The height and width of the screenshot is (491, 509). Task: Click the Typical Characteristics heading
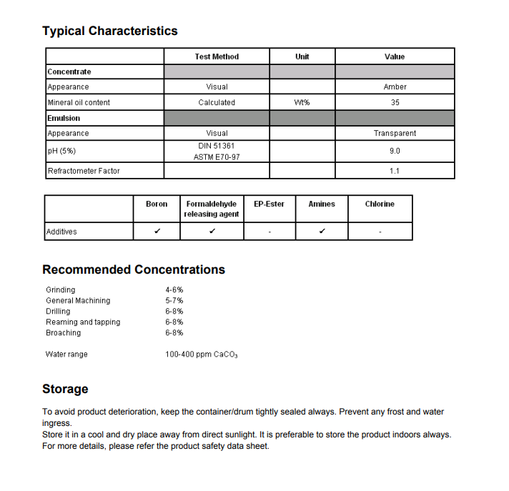(110, 31)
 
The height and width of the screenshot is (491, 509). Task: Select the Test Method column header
(217, 56)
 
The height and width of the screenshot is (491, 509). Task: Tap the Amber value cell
(395, 87)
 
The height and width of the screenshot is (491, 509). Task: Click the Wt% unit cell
(302, 103)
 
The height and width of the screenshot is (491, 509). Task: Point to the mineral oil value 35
(395, 103)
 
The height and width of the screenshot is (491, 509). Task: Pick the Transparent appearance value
(395, 134)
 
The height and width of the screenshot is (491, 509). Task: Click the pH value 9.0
(395, 152)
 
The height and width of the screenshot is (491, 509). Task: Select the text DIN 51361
(217, 146)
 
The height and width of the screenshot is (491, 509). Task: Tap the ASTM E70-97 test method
(217, 157)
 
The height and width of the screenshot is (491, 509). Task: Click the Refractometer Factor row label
(84, 171)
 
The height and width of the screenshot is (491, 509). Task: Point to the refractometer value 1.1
(395, 171)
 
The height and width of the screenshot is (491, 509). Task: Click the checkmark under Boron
(157, 232)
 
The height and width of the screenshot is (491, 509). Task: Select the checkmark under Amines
(322, 232)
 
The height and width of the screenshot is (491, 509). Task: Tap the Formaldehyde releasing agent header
(212, 209)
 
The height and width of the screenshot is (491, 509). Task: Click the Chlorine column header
(380, 204)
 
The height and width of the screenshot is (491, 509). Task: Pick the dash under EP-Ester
(269, 232)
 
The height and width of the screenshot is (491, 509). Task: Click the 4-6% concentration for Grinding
(174, 290)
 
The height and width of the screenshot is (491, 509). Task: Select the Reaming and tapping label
(83, 322)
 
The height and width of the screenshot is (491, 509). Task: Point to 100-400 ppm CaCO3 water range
(201, 354)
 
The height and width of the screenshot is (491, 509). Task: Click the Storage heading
(65, 389)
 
